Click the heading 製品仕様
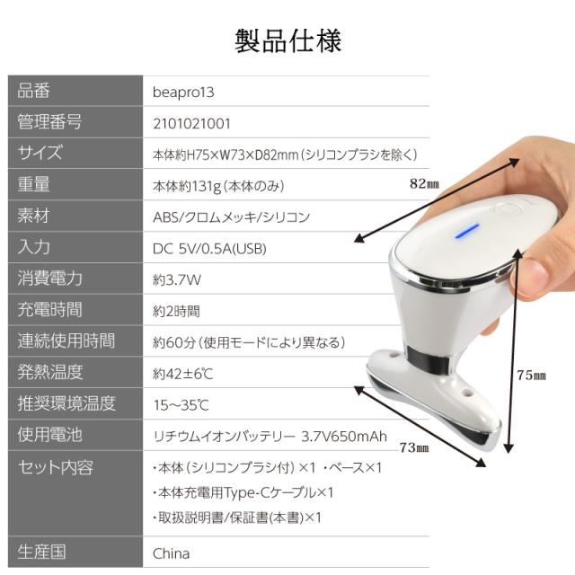pos(287,41)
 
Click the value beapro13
pos(184,92)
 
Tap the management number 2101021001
pos(192,123)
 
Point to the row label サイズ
pos(41,154)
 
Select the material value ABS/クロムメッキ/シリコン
pos(232,217)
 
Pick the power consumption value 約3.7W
pos(178,279)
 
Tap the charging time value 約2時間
pos(177,311)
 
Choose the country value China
pos(172,553)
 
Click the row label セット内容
pos(56,467)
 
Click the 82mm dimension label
pos(423,185)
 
